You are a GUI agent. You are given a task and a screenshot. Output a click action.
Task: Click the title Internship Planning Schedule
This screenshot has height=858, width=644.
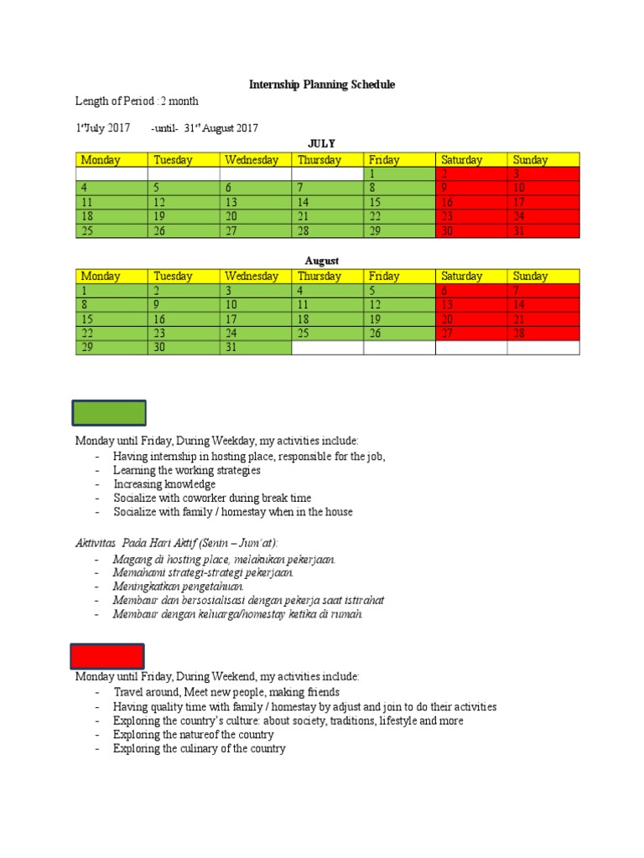pyautogui.click(x=321, y=85)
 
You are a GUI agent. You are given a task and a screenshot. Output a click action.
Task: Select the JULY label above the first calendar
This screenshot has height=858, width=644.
pyautogui.click(x=321, y=144)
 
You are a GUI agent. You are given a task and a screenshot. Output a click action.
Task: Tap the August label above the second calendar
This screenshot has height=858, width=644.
pyautogui.click(x=321, y=261)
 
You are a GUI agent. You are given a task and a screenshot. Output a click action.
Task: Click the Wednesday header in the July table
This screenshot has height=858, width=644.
pyautogui.click(x=256, y=159)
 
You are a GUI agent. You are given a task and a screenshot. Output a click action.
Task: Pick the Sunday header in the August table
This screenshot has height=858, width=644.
pyautogui.click(x=543, y=276)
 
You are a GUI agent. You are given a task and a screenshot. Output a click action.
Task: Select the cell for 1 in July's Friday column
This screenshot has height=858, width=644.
pyautogui.click(x=399, y=173)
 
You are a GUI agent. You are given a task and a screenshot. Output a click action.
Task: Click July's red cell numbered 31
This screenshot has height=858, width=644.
pyautogui.click(x=543, y=231)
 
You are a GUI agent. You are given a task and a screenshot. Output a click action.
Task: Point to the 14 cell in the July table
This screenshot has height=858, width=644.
pyautogui.click(x=327, y=202)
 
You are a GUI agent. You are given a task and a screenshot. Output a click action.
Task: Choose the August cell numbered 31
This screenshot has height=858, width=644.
pyautogui.click(x=256, y=347)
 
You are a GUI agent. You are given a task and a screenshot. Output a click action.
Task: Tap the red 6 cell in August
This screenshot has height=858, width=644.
pyautogui.click(x=471, y=290)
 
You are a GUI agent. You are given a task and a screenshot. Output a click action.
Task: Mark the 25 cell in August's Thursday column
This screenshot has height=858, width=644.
pyautogui.click(x=327, y=333)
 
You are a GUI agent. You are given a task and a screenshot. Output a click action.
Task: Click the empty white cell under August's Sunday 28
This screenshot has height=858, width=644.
pyautogui.click(x=543, y=347)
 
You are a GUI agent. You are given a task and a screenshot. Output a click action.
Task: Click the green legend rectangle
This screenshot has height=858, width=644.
pyautogui.click(x=109, y=413)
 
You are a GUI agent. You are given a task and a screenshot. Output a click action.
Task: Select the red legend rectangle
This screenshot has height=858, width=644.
pyautogui.click(x=106, y=656)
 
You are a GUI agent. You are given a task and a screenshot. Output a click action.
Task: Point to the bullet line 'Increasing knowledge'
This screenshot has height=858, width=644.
pyautogui.click(x=164, y=484)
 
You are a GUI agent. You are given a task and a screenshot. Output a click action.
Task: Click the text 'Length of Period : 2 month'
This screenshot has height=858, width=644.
pyautogui.click(x=138, y=101)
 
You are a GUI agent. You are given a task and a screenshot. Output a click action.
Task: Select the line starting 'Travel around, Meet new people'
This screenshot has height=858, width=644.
pyautogui.click(x=226, y=692)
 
